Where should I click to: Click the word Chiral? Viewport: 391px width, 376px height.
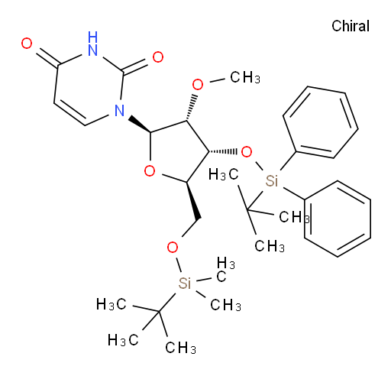point(351,26)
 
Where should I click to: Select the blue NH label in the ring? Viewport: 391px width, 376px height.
point(92,44)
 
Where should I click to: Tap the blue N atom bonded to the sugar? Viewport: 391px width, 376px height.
point(119,111)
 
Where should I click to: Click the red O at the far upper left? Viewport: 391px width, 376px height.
point(27,44)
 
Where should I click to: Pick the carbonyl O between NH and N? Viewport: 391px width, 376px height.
point(158,57)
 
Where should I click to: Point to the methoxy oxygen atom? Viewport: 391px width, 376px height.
point(198,85)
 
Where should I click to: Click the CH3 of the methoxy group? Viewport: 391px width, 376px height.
point(245,77)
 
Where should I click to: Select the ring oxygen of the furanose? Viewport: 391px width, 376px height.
point(150,170)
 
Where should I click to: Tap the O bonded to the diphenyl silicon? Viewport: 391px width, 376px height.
point(247,152)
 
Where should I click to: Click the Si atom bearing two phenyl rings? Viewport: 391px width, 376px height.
point(271,181)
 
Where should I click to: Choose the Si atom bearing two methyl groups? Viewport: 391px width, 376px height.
point(185,283)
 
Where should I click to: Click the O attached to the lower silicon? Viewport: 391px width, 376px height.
point(173,247)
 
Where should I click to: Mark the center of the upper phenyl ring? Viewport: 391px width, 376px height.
point(321,122)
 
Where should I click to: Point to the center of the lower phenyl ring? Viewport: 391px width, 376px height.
point(338,219)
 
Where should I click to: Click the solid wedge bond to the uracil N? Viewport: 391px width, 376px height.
point(140,124)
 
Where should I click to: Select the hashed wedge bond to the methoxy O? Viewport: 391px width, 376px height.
point(192,108)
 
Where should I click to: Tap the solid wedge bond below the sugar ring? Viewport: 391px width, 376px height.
point(194,200)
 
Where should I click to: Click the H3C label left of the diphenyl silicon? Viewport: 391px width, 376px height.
point(223,175)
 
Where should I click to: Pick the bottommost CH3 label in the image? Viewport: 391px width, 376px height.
point(180,348)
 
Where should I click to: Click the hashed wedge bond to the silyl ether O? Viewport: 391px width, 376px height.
point(223,152)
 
